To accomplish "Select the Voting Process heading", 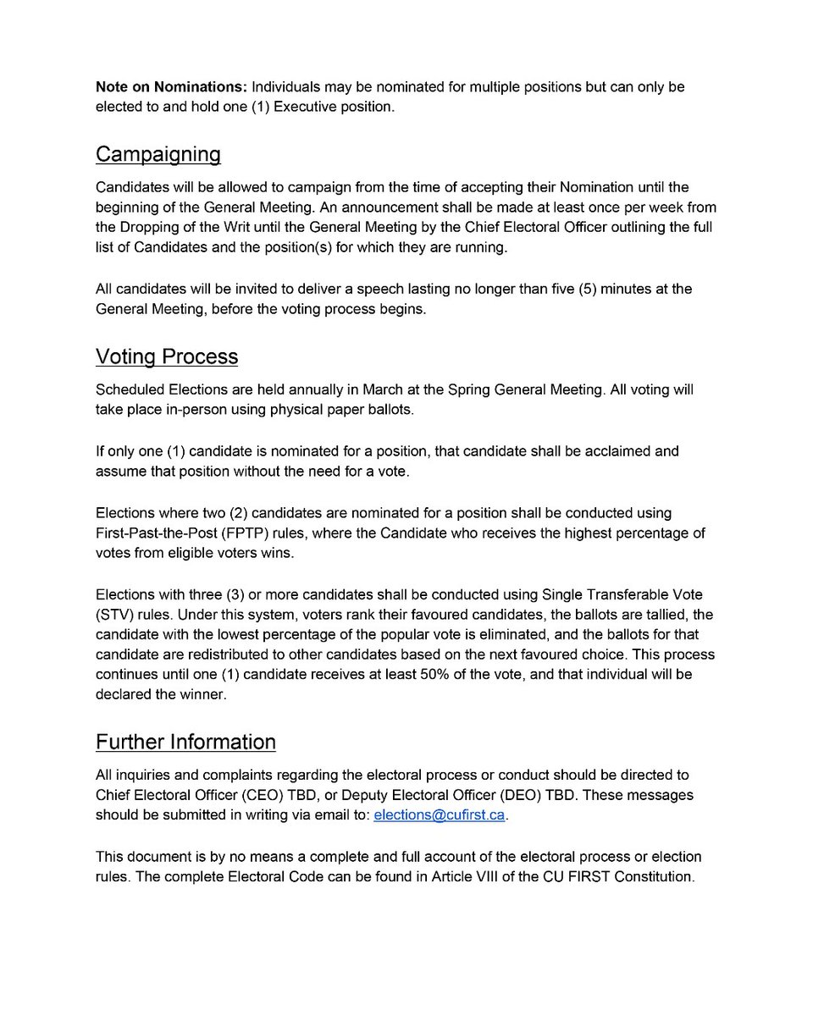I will click(166, 356).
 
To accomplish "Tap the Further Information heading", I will click(185, 742).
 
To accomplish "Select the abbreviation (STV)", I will click(114, 615).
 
